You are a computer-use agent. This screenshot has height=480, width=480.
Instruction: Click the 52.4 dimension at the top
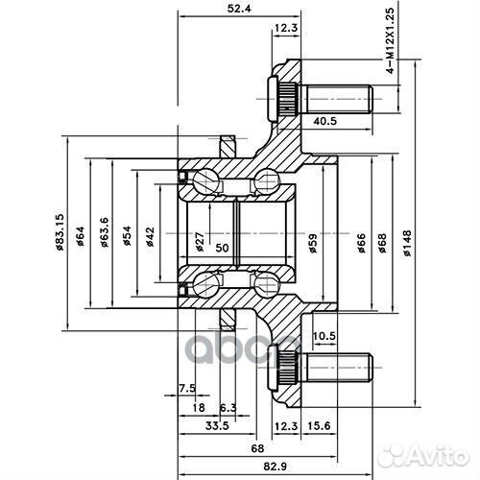point(239,9)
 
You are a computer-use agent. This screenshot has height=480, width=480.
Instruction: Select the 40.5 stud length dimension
point(324,121)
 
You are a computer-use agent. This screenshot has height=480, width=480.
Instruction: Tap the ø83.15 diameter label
point(60,231)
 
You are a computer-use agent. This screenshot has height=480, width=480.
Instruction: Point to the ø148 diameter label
point(407,243)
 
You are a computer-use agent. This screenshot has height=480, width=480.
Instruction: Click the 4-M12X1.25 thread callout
point(391,40)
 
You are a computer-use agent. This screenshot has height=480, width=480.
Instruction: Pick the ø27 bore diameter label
point(199,242)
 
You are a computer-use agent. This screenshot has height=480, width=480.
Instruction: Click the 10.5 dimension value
point(324,336)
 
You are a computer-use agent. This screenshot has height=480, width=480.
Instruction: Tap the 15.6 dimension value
point(319,426)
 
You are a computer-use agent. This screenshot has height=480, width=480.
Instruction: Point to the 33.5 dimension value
point(217,426)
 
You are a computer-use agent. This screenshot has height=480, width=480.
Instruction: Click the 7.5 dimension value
point(187,389)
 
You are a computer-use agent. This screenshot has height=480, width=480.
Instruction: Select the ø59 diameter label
point(313,243)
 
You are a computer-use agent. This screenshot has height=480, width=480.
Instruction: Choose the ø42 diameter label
point(150,237)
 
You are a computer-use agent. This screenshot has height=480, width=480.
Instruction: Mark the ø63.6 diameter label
point(105,232)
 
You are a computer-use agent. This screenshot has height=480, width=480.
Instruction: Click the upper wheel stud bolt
point(320,99)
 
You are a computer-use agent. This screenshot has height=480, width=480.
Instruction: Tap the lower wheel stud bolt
point(320,368)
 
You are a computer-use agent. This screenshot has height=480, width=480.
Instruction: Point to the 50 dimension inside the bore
point(222,248)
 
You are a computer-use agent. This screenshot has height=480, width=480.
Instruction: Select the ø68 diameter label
point(382,243)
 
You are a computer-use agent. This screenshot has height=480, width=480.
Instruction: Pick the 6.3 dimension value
point(228,407)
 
